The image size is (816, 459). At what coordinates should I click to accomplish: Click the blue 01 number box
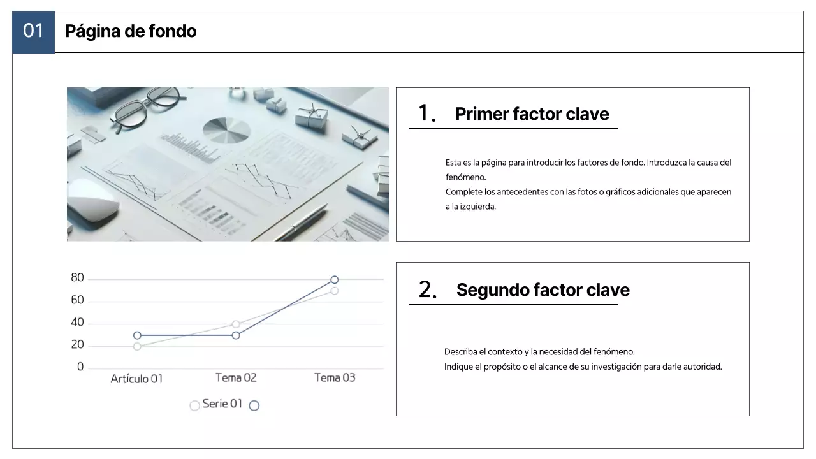click(x=34, y=32)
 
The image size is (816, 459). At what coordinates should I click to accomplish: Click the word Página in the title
click(x=93, y=32)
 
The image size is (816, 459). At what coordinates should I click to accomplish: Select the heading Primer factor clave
click(x=532, y=113)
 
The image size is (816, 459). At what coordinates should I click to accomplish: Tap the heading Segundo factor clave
click(x=543, y=290)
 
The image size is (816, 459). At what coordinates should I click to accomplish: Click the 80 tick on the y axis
click(x=77, y=277)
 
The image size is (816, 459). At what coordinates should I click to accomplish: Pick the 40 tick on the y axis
click(x=77, y=323)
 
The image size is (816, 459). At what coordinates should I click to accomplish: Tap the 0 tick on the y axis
click(x=80, y=367)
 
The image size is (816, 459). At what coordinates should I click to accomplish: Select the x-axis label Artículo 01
click(x=136, y=379)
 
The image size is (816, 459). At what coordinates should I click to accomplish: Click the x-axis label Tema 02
click(x=236, y=378)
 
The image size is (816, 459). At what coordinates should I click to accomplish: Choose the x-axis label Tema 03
click(x=335, y=378)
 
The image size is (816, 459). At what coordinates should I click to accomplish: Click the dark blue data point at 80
click(x=335, y=280)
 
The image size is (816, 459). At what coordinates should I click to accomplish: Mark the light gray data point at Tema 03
click(x=335, y=291)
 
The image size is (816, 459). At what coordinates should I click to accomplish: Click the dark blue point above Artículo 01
click(x=137, y=335)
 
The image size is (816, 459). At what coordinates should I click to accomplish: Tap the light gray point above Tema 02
click(x=236, y=324)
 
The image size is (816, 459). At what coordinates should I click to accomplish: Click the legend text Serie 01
click(x=222, y=404)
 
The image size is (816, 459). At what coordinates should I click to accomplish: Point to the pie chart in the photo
click(x=226, y=130)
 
